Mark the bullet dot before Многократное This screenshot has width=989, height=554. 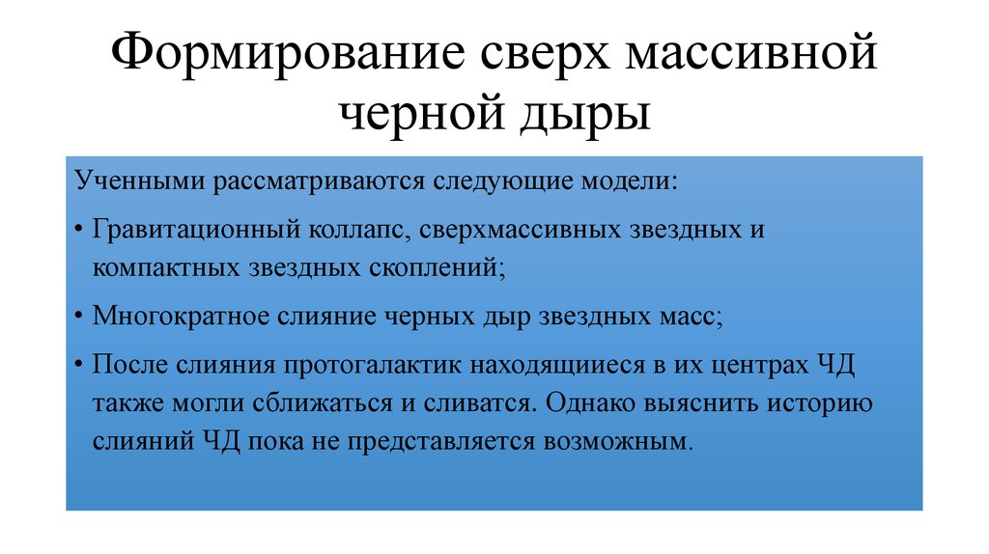(77, 318)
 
